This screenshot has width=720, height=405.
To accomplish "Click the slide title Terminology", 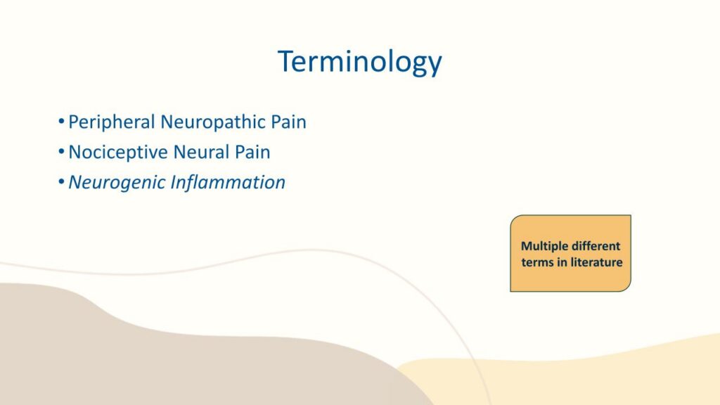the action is (359, 62).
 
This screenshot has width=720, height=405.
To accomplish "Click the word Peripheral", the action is (112, 122).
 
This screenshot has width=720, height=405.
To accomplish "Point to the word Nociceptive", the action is (118, 153).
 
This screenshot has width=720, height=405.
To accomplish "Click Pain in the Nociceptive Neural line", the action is (252, 152).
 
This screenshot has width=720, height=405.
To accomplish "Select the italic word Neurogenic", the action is (117, 183).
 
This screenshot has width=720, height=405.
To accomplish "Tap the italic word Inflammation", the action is (228, 182).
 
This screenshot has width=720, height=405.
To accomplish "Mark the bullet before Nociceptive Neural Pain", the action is (61, 152).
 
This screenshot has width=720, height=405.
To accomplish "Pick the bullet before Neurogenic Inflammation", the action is (61, 182).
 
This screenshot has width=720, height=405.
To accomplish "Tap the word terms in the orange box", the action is (537, 263).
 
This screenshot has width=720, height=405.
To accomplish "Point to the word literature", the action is (596, 263).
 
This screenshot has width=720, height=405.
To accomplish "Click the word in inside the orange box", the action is (562, 262).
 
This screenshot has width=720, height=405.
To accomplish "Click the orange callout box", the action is (571, 253).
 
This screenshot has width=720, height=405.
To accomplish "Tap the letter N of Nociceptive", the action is (75, 153).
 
